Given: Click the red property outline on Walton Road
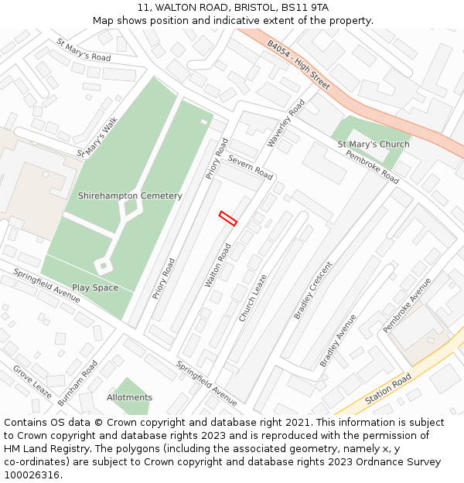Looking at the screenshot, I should pyautogui.click(x=228, y=219).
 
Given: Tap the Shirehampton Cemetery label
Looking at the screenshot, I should pyautogui.click(x=130, y=196).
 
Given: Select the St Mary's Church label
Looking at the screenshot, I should pyautogui.click(x=374, y=145).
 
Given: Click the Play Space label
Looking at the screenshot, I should pyautogui.click(x=95, y=287).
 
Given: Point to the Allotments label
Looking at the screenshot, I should pyautogui.click(x=130, y=397).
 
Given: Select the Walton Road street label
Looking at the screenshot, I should pyautogui.click(x=217, y=266).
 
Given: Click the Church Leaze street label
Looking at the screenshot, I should pyautogui.click(x=252, y=298).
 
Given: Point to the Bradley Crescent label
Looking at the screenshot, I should pyautogui.click(x=312, y=290).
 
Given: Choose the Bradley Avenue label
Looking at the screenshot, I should pyautogui.click(x=338, y=340).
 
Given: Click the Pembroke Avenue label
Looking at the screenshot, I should pyautogui.click(x=406, y=305).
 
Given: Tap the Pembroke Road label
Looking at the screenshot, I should pyautogui.click(x=372, y=167).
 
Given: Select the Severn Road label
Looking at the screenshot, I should pyautogui.click(x=250, y=167).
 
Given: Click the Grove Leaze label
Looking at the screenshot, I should pyautogui.click(x=32, y=382).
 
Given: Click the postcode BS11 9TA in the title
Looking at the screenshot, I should pyautogui.click(x=305, y=7).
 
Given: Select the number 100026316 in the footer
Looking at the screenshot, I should pyautogui.click(x=32, y=474).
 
